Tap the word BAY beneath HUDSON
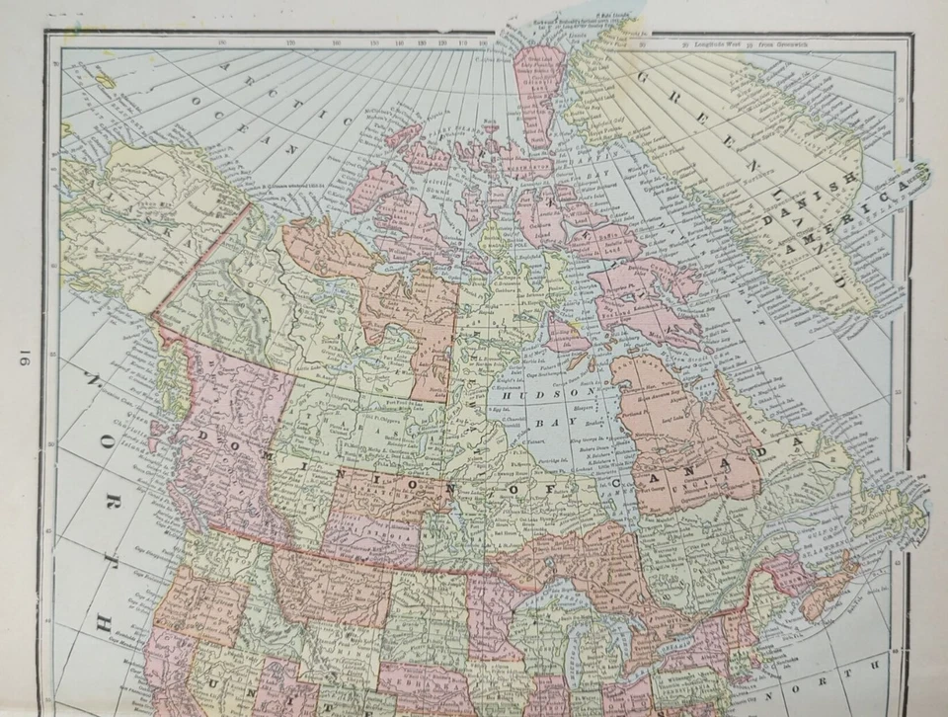[540, 422]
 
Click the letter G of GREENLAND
[643, 78]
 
